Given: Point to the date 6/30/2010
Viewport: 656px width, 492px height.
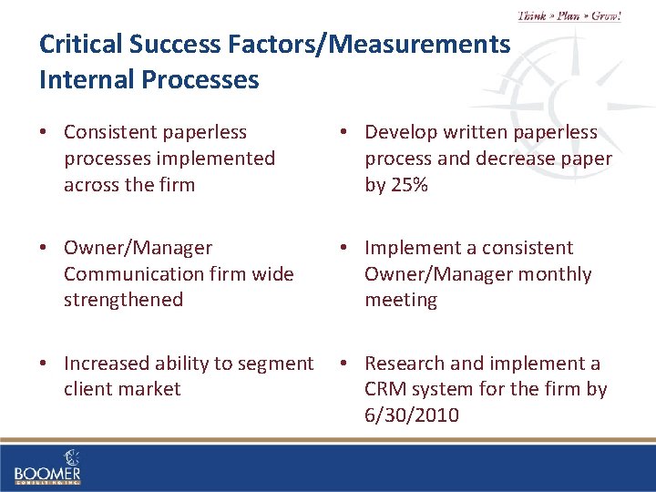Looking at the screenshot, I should coord(412,415).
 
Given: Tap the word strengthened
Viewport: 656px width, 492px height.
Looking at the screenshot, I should coord(123,300).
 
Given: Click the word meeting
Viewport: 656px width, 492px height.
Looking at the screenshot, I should coord(401,300).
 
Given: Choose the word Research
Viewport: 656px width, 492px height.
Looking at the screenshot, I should coord(404,363).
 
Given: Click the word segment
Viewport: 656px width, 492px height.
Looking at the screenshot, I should coord(279,363).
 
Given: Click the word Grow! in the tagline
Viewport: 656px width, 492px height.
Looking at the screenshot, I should coord(605,15).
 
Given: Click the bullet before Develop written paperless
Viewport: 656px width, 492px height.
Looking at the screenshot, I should coord(345,133).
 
